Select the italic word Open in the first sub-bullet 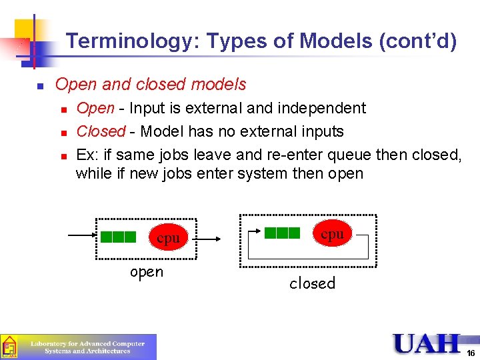pos(95,108)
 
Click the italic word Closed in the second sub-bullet pos(101,131)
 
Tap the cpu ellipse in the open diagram pos(168,238)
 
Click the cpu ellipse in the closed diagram pos(332,234)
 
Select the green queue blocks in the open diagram pos(119,237)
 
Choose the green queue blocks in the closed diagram pos(283,233)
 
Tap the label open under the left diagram pos(147,271)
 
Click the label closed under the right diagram pos(312,283)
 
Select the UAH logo pos(427,343)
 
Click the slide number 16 pos(471,353)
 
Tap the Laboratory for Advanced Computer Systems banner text pos(87,347)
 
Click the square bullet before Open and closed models pos(40,86)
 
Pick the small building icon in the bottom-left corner pos(9,347)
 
